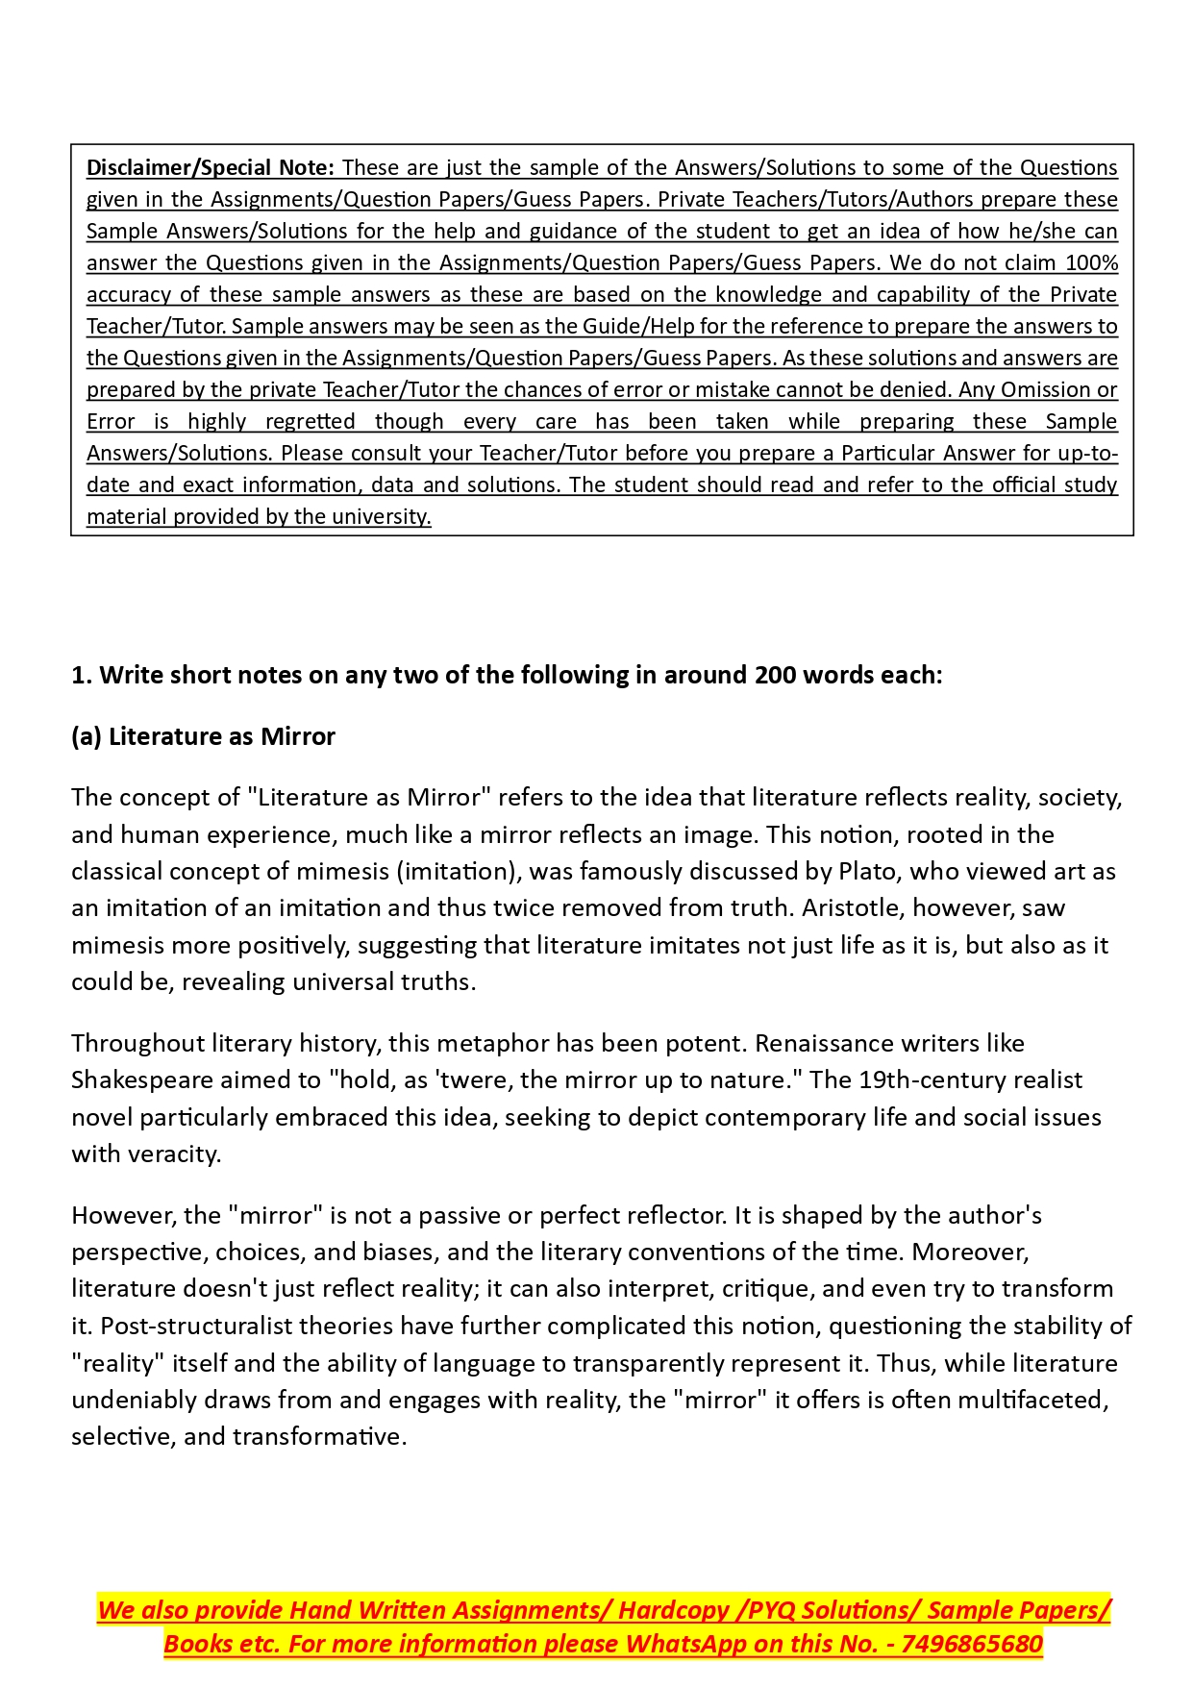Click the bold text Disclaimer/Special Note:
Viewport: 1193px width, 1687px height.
pos(210,167)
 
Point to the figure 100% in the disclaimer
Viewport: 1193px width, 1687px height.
pos(1092,262)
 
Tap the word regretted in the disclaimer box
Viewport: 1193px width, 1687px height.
pos(310,421)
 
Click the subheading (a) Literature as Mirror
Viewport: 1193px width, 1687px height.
pos(203,736)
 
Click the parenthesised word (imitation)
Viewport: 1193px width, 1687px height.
pos(459,871)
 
